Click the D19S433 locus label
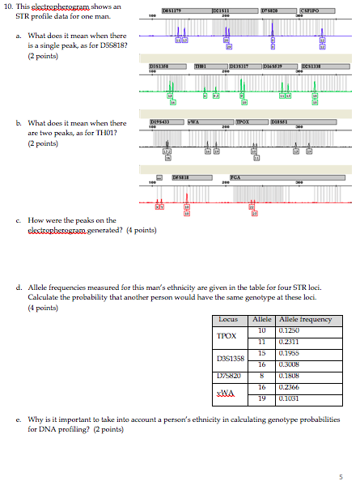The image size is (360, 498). pyautogui.click(x=160, y=121)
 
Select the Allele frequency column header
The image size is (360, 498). pyautogui.click(x=304, y=320)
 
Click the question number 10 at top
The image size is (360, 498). pyautogui.click(x=8, y=6)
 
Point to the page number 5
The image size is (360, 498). pyautogui.click(x=341, y=477)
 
